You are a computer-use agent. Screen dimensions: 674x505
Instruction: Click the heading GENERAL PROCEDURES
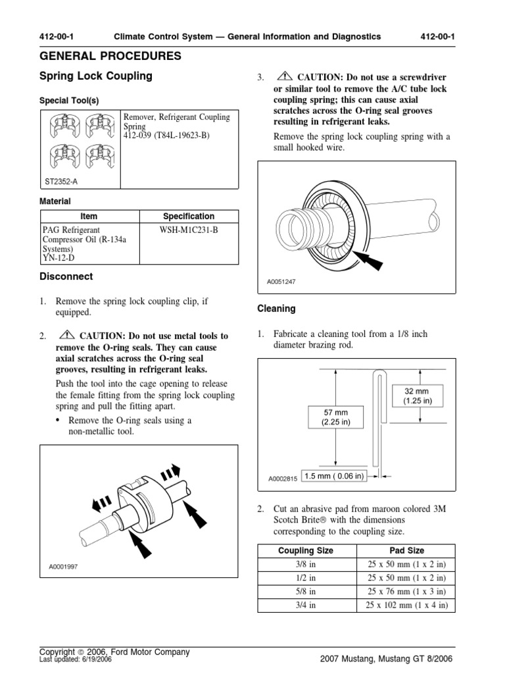click(x=110, y=57)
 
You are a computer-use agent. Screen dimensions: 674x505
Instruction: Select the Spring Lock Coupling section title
click(x=96, y=76)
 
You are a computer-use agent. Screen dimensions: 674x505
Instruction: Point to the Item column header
click(x=88, y=216)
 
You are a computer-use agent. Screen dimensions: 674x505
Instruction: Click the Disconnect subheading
click(x=66, y=276)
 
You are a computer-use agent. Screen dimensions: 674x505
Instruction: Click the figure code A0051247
click(x=282, y=282)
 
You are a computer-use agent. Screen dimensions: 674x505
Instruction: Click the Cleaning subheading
click(x=276, y=308)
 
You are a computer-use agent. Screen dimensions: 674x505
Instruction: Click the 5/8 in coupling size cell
click(x=306, y=592)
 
